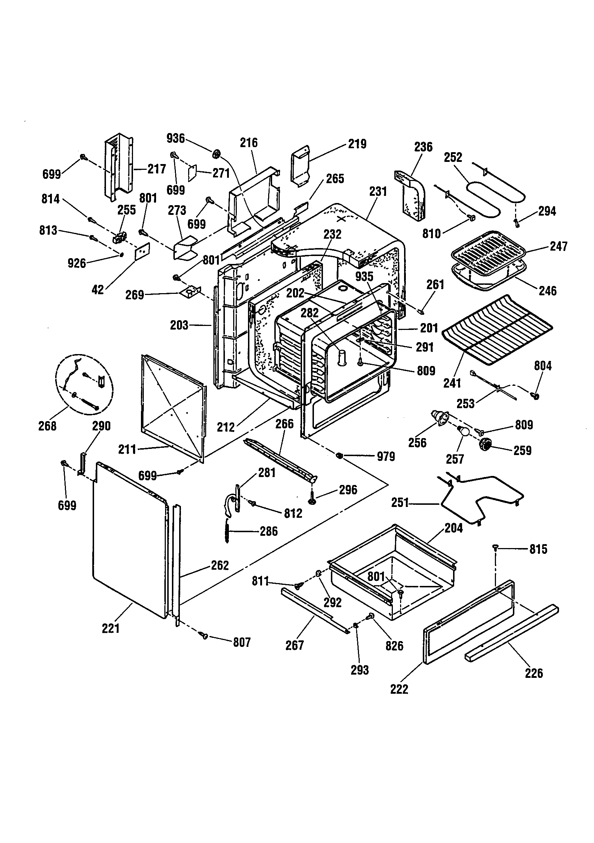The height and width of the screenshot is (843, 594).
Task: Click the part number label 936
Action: [176, 138]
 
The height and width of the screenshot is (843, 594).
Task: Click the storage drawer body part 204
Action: [393, 573]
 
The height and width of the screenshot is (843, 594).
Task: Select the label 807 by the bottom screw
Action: [242, 642]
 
